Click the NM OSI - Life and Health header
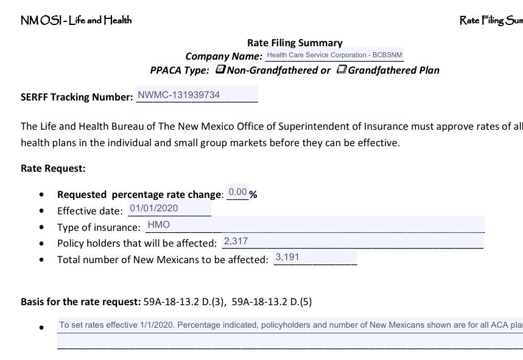[76, 20]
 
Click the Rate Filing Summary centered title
[295, 43]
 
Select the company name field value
[334, 55]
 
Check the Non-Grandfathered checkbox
[220, 69]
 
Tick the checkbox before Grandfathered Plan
[342, 69]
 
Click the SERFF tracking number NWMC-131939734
[179, 95]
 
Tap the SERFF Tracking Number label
[77, 97]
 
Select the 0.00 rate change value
[237, 192]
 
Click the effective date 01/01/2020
[154, 208]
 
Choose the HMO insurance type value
[159, 225]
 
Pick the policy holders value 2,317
[236, 241]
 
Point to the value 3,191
[287, 257]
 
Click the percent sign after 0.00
[253, 195]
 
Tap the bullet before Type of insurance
[41, 227]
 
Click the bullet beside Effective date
[41, 211]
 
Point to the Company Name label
[223, 57]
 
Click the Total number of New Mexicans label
[163, 259]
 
